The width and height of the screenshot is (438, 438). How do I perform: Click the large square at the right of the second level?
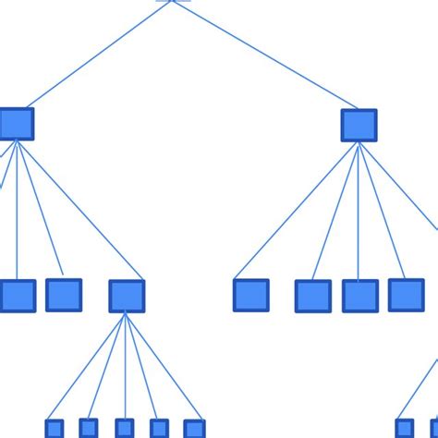pos(359,125)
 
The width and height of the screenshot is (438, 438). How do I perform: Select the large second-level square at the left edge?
pos(16,124)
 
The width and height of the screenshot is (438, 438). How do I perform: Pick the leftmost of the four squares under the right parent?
pos(250,295)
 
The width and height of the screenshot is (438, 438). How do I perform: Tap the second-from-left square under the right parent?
pos(313,296)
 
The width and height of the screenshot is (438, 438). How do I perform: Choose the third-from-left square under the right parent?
pos(360,296)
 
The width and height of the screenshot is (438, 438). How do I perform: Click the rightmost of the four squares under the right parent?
pos(406,295)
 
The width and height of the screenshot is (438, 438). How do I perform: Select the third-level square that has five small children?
pos(127,296)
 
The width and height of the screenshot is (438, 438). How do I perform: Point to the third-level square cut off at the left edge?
pos(17,296)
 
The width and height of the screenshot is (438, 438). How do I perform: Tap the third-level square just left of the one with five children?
pos(64,295)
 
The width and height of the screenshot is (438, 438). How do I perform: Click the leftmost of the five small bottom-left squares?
pos(55,429)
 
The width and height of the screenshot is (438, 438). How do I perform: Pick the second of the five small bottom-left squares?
pos(89,428)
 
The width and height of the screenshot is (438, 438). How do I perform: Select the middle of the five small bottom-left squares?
pos(124,429)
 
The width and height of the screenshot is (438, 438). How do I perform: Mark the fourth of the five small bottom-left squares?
pos(159,429)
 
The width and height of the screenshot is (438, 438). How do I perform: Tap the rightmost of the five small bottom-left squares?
pos(194,429)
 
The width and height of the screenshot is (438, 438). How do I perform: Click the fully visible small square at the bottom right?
pos(404,429)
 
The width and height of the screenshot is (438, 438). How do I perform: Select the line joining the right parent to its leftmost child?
pos(296,211)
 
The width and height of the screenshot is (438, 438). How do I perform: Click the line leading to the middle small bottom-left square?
pos(126,370)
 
